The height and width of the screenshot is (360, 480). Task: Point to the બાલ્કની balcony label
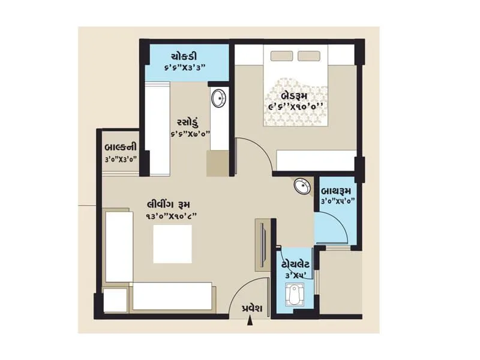(x=121, y=148)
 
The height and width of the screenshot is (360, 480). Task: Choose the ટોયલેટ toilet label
(x=296, y=264)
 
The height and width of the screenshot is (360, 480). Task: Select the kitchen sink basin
(x=219, y=97)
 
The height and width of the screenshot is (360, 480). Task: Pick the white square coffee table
(x=172, y=244)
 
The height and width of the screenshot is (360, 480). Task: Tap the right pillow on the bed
(x=311, y=56)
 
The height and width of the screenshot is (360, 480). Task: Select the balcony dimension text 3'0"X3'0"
(x=121, y=159)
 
